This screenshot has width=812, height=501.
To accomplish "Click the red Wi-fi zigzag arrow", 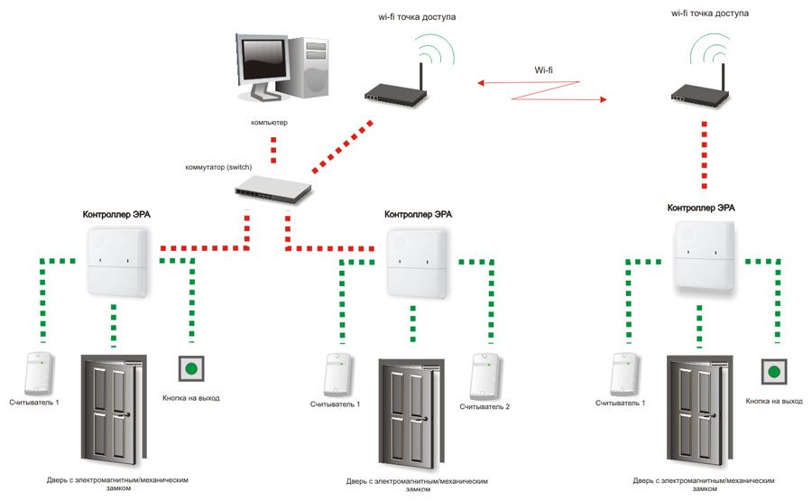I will (x=541, y=91).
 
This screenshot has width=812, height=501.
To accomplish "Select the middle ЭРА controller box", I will (x=418, y=261).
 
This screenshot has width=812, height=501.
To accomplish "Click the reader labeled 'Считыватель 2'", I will (x=484, y=375).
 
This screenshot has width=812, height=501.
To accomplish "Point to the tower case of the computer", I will (x=311, y=72).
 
